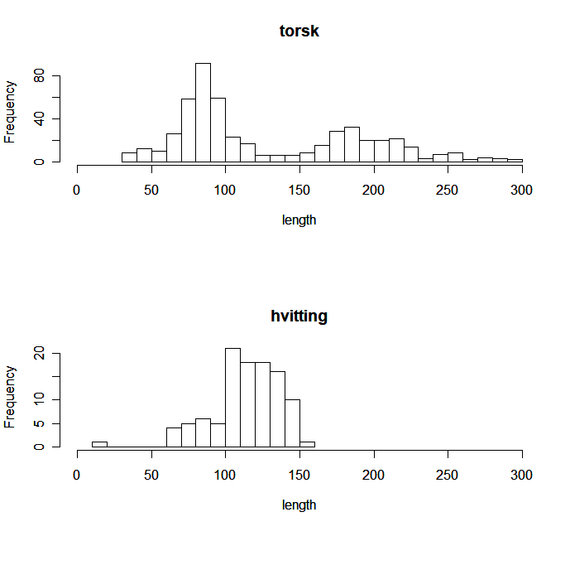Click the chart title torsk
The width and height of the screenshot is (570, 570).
[299, 32]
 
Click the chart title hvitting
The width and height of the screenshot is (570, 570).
[299, 316]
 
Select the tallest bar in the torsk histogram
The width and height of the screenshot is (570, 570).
[203, 113]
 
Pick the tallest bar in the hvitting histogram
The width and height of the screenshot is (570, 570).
[232, 398]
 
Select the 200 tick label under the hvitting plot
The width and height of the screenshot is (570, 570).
[374, 475]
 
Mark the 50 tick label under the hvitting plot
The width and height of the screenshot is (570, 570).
[151, 475]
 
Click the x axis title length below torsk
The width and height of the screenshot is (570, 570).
[299, 220]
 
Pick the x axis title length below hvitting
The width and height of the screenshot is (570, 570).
[299, 505]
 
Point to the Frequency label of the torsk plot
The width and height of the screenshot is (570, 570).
[11, 112]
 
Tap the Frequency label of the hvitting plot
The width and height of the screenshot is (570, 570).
[11, 396]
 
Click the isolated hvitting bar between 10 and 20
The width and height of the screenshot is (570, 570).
[99, 445]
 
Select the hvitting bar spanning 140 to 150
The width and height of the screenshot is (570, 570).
[292, 423]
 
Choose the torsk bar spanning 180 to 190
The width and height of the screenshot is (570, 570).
[352, 145]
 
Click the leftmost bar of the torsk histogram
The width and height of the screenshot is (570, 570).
[129, 157]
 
